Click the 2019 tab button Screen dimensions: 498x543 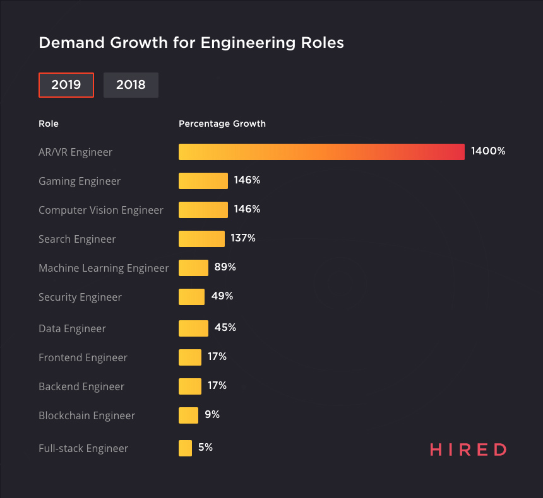pos(66,85)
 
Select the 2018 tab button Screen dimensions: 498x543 pos(131,85)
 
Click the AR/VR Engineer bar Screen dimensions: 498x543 pos(321,152)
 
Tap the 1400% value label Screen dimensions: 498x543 pos(488,151)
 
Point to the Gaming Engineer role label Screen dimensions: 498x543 pos(80,181)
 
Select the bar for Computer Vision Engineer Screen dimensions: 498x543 pos(203,210)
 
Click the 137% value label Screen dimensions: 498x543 pos(243,238)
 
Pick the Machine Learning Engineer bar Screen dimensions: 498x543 pos(193,268)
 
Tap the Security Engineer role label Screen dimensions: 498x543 pos(80,297)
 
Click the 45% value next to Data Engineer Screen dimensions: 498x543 pos(225,328)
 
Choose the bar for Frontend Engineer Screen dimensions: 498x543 pos(190,357)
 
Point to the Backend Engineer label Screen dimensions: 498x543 pos(81,386)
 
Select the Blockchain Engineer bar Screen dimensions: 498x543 pos(188,415)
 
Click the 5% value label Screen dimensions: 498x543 pos(205,448)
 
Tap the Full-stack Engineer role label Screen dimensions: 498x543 pos(83,448)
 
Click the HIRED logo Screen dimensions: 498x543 pos(468,449)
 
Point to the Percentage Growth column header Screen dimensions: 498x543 pos(222,124)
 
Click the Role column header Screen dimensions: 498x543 pos(49,124)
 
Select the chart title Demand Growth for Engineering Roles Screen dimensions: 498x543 pos(191,43)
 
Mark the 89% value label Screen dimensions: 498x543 pos(225,267)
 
